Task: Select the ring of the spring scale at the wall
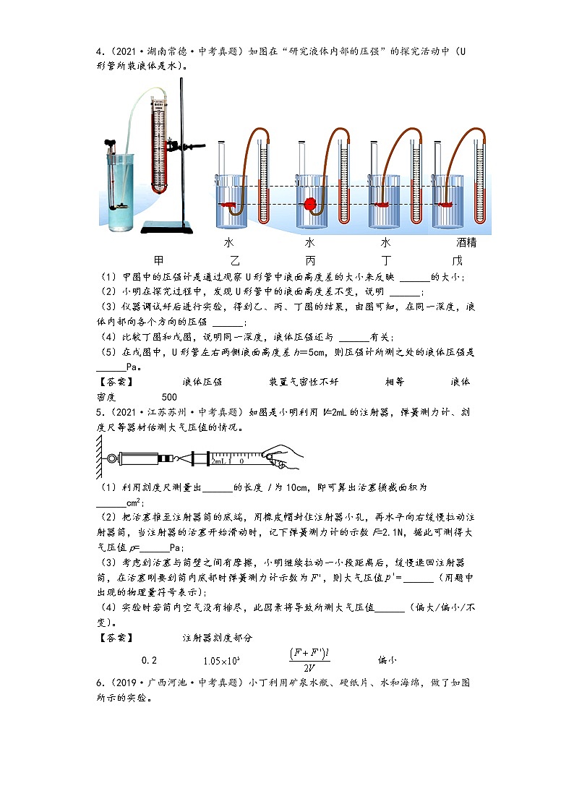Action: click(111, 458)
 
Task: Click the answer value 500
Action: click(169, 397)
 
